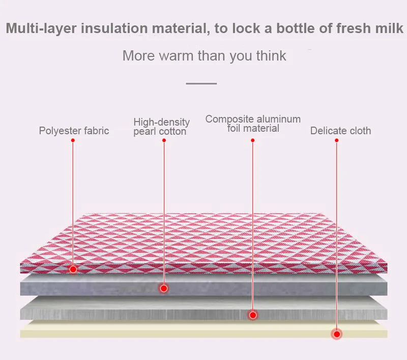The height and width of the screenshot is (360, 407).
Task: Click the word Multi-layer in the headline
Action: [x=41, y=28]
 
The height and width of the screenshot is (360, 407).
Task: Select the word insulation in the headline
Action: [x=114, y=28]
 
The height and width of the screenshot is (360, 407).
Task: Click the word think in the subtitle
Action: [x=271, y=55]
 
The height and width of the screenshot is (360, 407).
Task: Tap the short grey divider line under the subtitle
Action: [x=201, y=83]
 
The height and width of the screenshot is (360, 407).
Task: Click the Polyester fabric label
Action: [x=74, y=131]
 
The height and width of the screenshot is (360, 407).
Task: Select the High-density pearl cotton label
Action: [x=161, y=127]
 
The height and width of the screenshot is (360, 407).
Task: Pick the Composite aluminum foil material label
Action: [x=253, y=124]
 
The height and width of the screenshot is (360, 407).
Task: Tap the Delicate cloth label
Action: [x=340, y=131]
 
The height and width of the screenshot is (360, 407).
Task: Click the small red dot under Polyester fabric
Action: [x=73, y=140]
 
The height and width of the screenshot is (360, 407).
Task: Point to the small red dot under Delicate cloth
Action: [x=337, y=140]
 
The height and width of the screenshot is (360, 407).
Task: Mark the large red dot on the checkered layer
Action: [x=73, y=269]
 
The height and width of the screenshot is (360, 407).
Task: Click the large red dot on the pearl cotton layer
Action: [x=164, y=288]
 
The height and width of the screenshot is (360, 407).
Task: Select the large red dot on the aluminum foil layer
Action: [x=253, y=315]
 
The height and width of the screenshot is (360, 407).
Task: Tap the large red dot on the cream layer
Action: [x=337, y=334]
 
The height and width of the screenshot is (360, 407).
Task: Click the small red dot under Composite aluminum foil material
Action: [x=252, y=140]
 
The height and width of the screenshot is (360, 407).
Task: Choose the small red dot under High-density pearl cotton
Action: [x=164, y=140]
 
